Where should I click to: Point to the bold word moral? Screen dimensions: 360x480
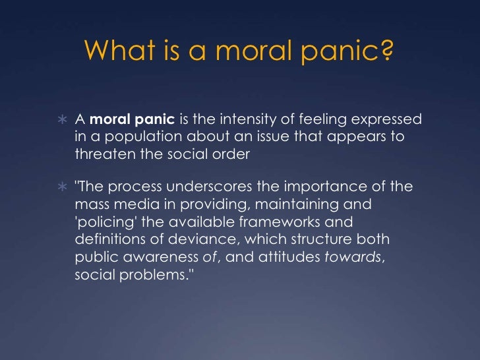[107, 119]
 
